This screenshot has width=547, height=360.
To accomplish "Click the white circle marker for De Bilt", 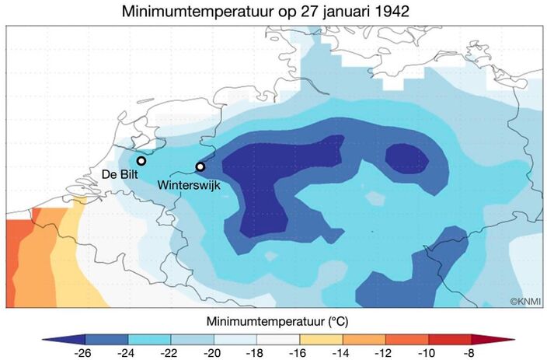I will click(x=141, y=160).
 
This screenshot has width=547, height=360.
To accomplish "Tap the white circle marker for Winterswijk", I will click(x=200, y=166).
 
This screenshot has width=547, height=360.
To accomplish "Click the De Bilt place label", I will click(x=120, y=176).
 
